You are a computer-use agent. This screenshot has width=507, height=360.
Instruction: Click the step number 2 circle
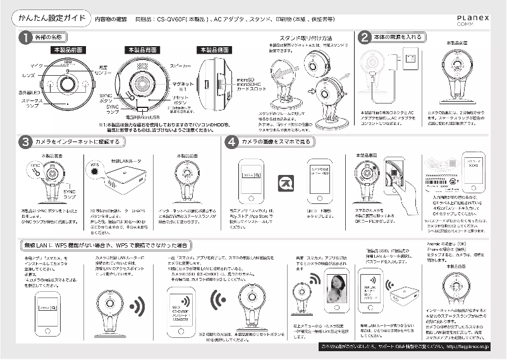click(365, 37)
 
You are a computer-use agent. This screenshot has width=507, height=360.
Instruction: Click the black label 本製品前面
click(68, 49)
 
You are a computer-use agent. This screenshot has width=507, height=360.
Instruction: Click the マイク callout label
click(36, 66)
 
